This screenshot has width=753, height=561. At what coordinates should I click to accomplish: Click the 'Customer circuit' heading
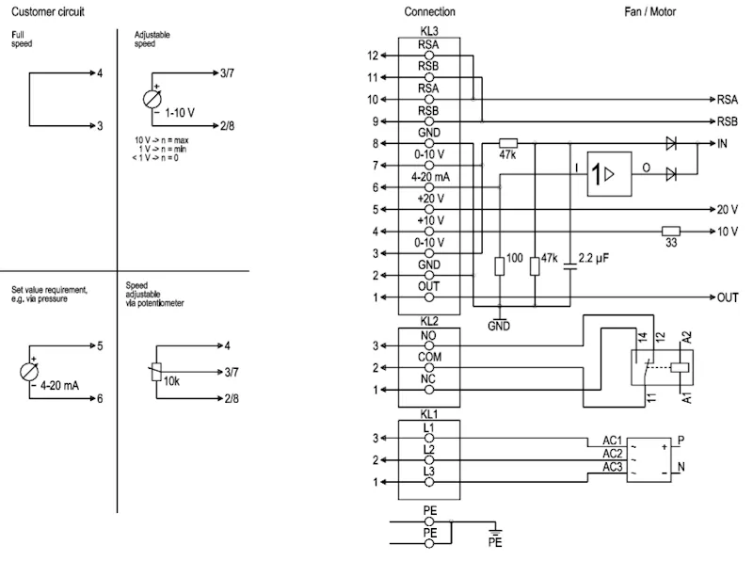point(48,11)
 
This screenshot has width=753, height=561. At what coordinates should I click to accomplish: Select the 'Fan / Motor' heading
point(649,11)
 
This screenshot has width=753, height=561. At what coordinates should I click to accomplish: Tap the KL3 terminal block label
point(429,31)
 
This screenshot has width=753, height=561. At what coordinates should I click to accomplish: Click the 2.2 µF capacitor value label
point(594,259)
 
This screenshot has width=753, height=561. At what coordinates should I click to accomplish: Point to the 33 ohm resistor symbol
point(671,231)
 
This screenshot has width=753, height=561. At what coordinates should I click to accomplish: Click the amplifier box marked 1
point(609,174)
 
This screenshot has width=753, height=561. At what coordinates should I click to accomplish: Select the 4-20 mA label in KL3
point(430,177)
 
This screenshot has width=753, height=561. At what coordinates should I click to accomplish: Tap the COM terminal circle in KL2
point(429,368)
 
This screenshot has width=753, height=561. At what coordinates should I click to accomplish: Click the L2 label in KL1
point(429,450)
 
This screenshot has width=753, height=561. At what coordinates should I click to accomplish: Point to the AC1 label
point(613,441)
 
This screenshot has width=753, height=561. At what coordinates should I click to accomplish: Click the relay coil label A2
point(687,337)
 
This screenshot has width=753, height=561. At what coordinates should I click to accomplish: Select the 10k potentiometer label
point(171,381)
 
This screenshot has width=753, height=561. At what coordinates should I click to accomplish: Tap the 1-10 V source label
point(180,113)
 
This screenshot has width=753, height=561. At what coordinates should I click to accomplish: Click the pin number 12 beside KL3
point(373,56)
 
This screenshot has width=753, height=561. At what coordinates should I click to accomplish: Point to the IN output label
point(722,144)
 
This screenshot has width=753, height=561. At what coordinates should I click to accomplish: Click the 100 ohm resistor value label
point(514,258)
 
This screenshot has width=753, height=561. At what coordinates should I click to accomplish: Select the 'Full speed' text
point(22,39)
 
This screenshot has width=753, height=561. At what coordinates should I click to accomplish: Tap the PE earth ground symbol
point(495,531)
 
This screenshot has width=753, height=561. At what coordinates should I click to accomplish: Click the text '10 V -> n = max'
point(161,140)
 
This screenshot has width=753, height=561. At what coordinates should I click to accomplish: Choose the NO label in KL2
point(428,335)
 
